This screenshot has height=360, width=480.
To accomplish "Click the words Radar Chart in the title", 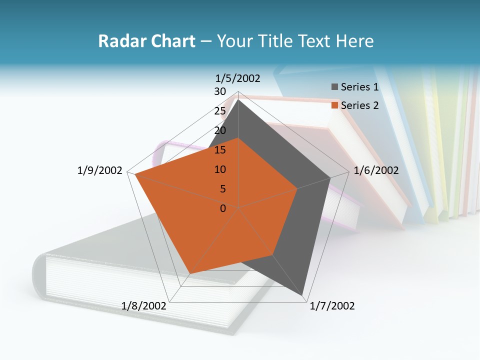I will tap(146, 41).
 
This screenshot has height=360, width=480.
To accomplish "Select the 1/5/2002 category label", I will tap(237, 78).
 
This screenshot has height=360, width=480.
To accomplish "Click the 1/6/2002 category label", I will tap(376, 170).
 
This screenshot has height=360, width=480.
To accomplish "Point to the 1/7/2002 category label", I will tap(332, 306).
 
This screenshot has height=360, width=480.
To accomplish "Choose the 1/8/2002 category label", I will tap(144, 306).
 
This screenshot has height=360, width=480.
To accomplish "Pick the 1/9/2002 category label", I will tap(99, 170).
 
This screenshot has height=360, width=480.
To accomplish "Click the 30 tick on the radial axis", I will tap(219, 91).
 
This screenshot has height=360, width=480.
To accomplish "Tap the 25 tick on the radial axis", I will tap(219, 111).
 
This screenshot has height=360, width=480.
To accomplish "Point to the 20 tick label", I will tap(219, 130).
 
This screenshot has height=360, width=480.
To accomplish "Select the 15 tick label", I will tap(219, 150).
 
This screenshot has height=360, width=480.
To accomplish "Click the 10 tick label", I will tap(219, 169).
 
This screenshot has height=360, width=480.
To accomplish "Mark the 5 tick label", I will tap(222, 189).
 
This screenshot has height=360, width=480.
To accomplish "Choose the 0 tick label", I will tap(223, 208).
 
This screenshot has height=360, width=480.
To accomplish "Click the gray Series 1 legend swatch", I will tap(334, 87).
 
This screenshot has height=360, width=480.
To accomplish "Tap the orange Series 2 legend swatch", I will tap(334, 105).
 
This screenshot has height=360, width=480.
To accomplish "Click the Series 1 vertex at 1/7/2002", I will tap(303, 295).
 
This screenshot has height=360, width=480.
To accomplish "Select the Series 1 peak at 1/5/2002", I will tap(238, 99).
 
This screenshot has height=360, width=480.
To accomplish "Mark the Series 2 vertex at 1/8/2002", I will tap(190, 273).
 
